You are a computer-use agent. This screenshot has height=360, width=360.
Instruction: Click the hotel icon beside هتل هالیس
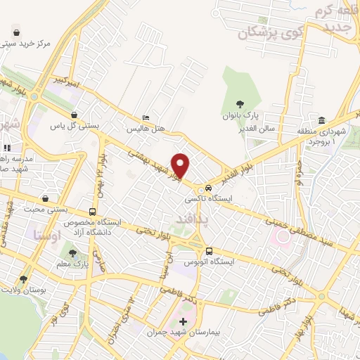coord(146,118)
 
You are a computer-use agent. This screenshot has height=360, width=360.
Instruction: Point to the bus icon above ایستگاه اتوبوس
coord(209,251)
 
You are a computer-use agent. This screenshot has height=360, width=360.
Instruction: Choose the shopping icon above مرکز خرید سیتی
coord(16,32)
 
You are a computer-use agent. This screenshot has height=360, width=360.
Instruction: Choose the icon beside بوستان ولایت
coord(23,279)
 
